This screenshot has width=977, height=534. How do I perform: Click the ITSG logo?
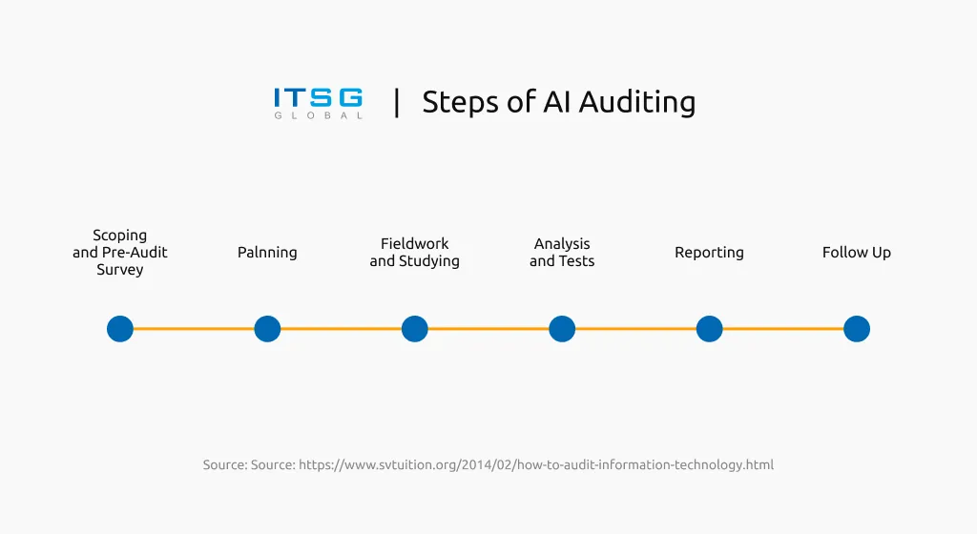[318, 102]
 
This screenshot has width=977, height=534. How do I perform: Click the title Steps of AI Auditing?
[558, 102]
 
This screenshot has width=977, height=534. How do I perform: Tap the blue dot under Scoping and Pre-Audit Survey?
[120, 329]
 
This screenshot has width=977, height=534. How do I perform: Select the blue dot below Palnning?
[267, 329]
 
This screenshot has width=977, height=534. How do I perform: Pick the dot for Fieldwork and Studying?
[414, 329]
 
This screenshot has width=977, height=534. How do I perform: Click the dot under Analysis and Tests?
[562, 329]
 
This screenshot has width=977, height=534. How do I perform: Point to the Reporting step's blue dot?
[709, 329]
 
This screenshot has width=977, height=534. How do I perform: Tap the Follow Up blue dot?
[857, 329]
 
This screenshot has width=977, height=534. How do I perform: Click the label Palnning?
[267, 253]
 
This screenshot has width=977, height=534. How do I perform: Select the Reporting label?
[709, 253]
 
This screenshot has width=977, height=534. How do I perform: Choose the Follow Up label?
[857, 253]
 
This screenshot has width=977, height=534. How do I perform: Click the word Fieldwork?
[414, 244]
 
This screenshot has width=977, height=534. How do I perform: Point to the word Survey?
[120, 270]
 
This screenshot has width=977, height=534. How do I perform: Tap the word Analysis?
[562, 244]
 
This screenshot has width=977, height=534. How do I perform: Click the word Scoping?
[120, 236]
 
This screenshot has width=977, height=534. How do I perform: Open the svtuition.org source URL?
[535, 465]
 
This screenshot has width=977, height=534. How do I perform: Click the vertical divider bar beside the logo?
[397, 102]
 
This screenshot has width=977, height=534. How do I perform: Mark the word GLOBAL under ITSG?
[318, 116]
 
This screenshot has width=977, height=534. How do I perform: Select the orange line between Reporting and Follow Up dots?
[782, 329]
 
